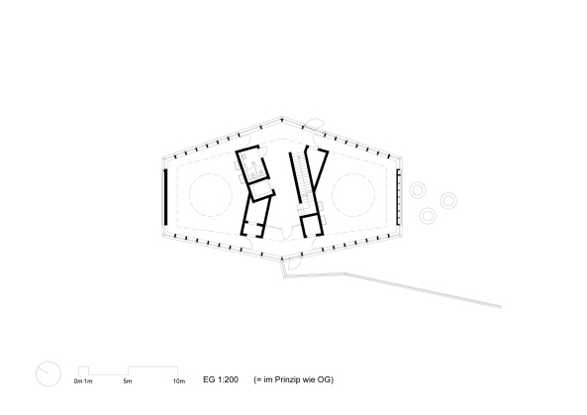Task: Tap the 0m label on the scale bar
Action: pyautogui.click(x=78, y=381)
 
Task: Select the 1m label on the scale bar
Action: pyautogui.click(x=88, y=381)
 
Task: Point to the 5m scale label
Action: pyautogui.click(x=128, y=381)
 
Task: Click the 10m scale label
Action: pyautogui.click(x=179, y=381)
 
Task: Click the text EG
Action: pyautogui.click(x=209, y=379)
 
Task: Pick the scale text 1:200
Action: pyautogui.click(x=228, y=379)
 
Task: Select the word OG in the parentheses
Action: pyautogui.click(x=326, y=379)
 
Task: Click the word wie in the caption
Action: pyautogui.click(x=310, y=379)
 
